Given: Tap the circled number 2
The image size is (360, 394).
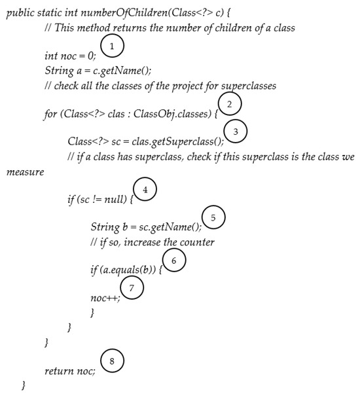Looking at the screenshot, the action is (x=228, y=103).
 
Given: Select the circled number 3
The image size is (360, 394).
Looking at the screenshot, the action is (x=235, y=132).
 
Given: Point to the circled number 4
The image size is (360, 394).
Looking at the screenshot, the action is (x=145, y=190).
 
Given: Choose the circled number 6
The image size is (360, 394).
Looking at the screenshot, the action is (x=173, y=260).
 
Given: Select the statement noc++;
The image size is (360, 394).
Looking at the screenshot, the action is (x=105, y=298).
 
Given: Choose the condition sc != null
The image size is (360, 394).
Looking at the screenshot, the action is (x=99, y=200).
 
